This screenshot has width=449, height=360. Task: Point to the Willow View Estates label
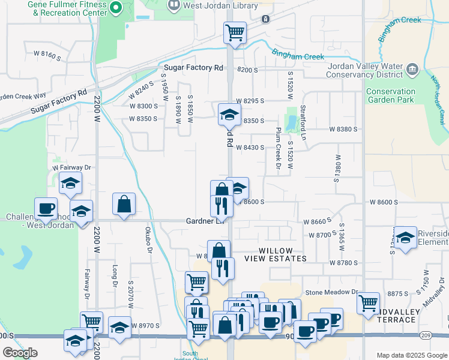[276, 254]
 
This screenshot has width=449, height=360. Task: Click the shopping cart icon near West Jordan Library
[235, 32]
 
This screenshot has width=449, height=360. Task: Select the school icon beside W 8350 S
[229, 113]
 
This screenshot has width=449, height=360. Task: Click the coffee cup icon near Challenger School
[46, 208]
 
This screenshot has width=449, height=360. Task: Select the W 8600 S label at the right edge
[383, 203]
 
